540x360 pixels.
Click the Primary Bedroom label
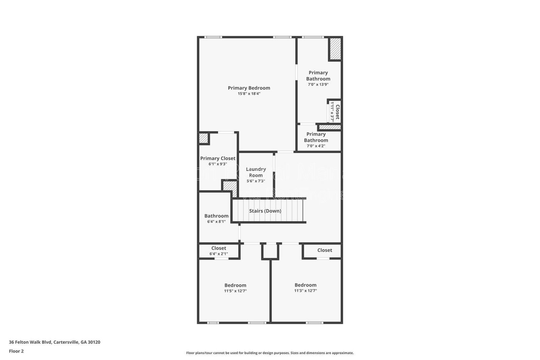[249, 88]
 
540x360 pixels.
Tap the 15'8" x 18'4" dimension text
[249, 94]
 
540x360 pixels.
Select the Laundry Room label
[256, 172]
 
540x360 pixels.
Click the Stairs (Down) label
[265, 211]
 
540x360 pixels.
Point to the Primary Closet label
[218, 158]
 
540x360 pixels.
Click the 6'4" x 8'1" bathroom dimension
[216, 222]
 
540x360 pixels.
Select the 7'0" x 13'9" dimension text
[318, 84]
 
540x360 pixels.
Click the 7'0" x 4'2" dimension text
[316, 146]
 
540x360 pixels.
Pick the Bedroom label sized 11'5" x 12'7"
[235, 285]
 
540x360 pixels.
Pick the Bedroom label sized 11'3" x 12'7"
[305, 285]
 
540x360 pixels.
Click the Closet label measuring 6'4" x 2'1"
[219, 248]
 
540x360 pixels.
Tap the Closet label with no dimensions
[325, 250]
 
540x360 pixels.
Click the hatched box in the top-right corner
[335, 49]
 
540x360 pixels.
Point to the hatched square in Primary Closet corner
[203, 138]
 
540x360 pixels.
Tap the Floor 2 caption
[16, 351]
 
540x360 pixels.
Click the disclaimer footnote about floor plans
[270, 353]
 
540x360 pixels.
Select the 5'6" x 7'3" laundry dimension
[255, 181]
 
